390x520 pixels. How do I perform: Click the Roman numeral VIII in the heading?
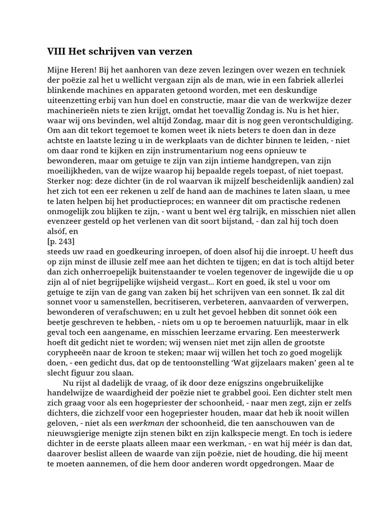56,51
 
